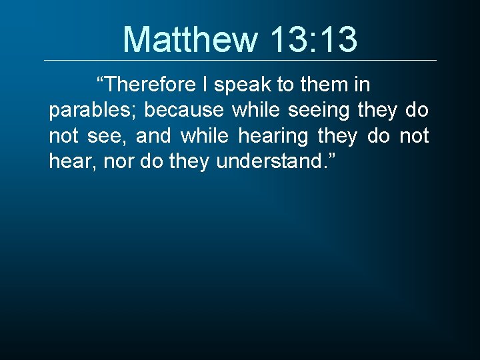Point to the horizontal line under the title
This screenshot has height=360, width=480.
pyautogui.click(x=240, y=61)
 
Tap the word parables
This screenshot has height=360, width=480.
pyautogui.click(x=85, y=111)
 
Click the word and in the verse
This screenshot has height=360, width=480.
pyautogui.click(x=153, y=137)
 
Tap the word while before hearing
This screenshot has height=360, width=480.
pyautogui.click(x=205, y=137)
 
